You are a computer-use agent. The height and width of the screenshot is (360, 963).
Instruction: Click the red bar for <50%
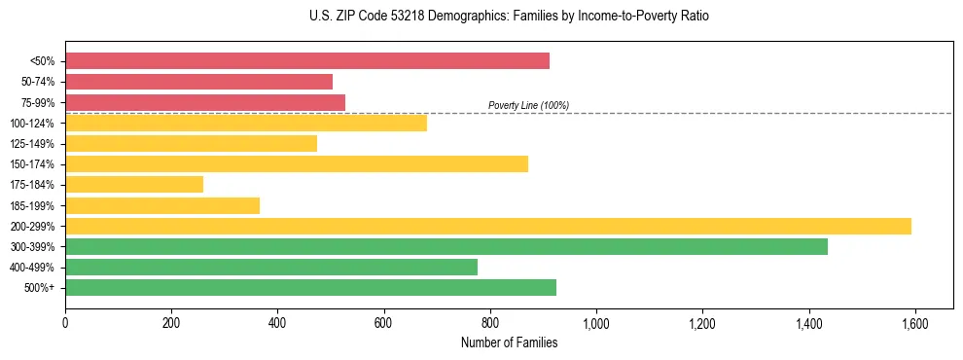click(x=307, y=61)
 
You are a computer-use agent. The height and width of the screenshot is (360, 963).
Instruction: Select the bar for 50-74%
click(x=199, y=82)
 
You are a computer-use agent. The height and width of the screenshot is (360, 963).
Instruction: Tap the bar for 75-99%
click(x=205, y=102)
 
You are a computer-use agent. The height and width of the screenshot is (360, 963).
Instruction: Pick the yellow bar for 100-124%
click(x=246, y=123)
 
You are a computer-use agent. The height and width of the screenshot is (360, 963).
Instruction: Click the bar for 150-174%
click(x=297, y=163)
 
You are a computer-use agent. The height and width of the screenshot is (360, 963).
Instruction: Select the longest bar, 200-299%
click(x=488, y=226)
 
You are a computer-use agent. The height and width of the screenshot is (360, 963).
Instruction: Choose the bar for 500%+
click(x=311, y=287)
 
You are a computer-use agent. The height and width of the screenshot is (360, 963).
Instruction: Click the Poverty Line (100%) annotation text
click(x=528, y=105)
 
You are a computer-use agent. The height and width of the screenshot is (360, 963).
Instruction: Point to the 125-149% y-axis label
click(x=32, y=144)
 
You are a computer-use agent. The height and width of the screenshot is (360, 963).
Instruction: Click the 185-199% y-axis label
click(x=32, y=205)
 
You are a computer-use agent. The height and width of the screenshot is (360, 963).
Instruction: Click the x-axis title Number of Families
click(x=509, y=342)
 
